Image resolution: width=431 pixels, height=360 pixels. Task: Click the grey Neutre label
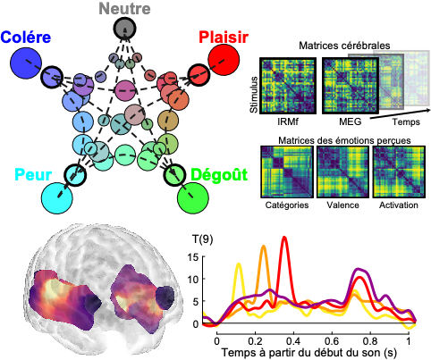click(124, 9)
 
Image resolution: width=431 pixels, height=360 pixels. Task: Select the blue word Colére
click(26, 38)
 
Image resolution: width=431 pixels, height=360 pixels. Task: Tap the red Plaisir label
click(224, 38)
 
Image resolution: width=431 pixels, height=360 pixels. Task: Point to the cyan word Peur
click(33, 174)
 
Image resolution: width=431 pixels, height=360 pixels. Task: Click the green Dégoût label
click(219, 174)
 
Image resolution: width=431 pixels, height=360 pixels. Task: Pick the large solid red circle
click(224, 60)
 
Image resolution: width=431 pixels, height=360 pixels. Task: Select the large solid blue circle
click(26, 63)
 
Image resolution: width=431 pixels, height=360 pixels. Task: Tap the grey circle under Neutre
click(124, 29)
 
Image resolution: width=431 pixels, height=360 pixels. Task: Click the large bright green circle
click(193, 198)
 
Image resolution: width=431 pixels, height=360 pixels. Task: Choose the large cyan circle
click(57, 198)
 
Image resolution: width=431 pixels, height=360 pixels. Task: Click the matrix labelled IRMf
click(288, 86)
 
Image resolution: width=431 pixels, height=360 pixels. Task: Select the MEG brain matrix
click(351, 86)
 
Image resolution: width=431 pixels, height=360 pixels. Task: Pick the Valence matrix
click(342, 172)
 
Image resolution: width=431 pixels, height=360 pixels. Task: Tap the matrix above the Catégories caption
click(287, 172)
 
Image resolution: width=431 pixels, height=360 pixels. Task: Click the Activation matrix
click(399, 172)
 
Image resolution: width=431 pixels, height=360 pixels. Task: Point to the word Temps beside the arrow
click(406, 121)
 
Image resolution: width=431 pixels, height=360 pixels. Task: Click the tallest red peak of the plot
click(284, 238)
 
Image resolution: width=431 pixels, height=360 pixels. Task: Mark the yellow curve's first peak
click(239, 264)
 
